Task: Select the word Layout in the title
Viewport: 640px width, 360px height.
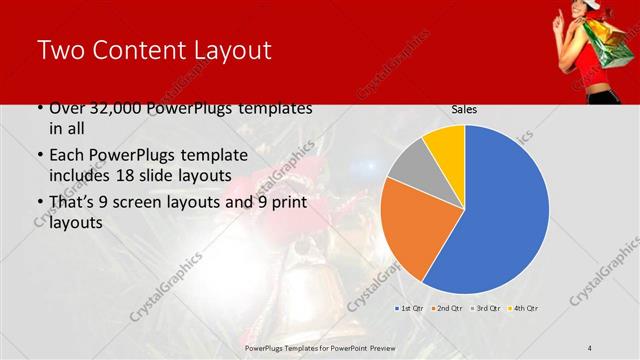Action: pos(232,52)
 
